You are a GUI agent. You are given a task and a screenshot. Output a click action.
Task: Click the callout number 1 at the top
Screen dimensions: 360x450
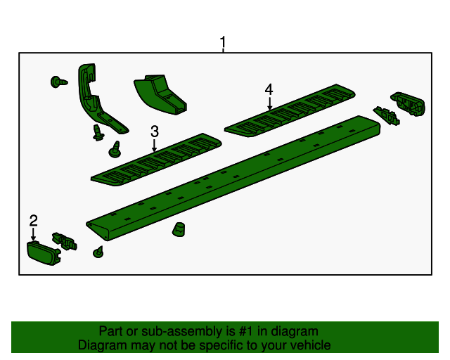[223, 43]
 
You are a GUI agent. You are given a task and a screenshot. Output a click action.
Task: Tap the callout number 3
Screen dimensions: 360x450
[154, 131]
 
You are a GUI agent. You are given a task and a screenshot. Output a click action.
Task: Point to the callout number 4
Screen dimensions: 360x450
[269, 90]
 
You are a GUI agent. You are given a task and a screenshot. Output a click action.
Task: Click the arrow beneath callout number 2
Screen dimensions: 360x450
[33, 235]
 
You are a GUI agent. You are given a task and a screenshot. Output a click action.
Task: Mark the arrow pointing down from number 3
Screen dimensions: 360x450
[154, 145]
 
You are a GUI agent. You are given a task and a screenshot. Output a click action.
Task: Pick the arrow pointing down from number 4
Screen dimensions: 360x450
[269, 103]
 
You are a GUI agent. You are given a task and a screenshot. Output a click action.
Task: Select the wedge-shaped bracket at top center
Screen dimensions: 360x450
[160, 94]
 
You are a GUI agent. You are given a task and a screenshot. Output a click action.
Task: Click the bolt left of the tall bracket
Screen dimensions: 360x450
[58, 82]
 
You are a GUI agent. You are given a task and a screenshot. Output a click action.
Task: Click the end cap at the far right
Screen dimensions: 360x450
[409, 103]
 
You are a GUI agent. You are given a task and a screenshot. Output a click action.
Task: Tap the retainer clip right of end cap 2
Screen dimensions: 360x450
[65, 240]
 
